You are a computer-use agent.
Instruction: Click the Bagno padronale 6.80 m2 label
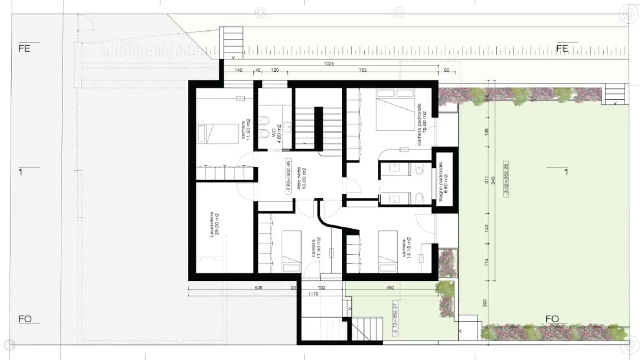(x=443, y=181)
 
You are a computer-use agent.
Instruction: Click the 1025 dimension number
(x=329, y=64)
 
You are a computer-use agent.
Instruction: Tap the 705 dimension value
(x=363, y=70)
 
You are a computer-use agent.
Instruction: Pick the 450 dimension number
(x=390, y=288)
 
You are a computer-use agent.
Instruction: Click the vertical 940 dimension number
(x=493, y=181)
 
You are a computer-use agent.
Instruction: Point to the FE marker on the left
(x=24, y=49)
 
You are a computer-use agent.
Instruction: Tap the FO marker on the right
(x=552, y=319)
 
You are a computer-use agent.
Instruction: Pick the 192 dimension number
(x=322, y=288)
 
